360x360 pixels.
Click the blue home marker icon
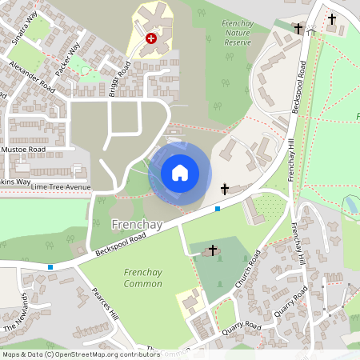pos(180,172)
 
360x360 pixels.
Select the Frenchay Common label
pos(144,278)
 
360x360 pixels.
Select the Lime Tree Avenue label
pos(62,187)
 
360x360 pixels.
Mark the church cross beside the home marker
pos(225,190)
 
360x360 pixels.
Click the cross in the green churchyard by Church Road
pos(213,250)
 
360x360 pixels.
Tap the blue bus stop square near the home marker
pos(218,209)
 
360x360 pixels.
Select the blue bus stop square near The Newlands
pos(50,267)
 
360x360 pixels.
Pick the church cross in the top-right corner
pos(332,18)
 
